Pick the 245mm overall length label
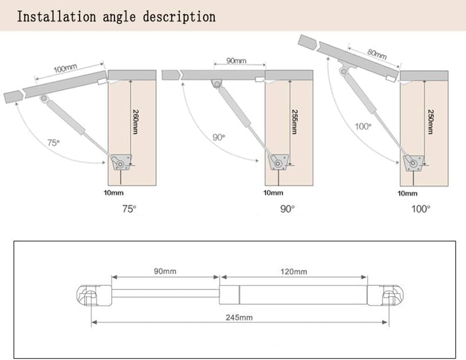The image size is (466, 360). tap(239, 317)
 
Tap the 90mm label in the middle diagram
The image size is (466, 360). tap(236, 61)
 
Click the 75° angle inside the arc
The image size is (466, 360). tap(54, 142)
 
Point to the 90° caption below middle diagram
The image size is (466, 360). tap(288, 209)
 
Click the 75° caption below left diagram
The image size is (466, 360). tap(129, 209)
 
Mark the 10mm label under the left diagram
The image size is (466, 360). tap(114, 193)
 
